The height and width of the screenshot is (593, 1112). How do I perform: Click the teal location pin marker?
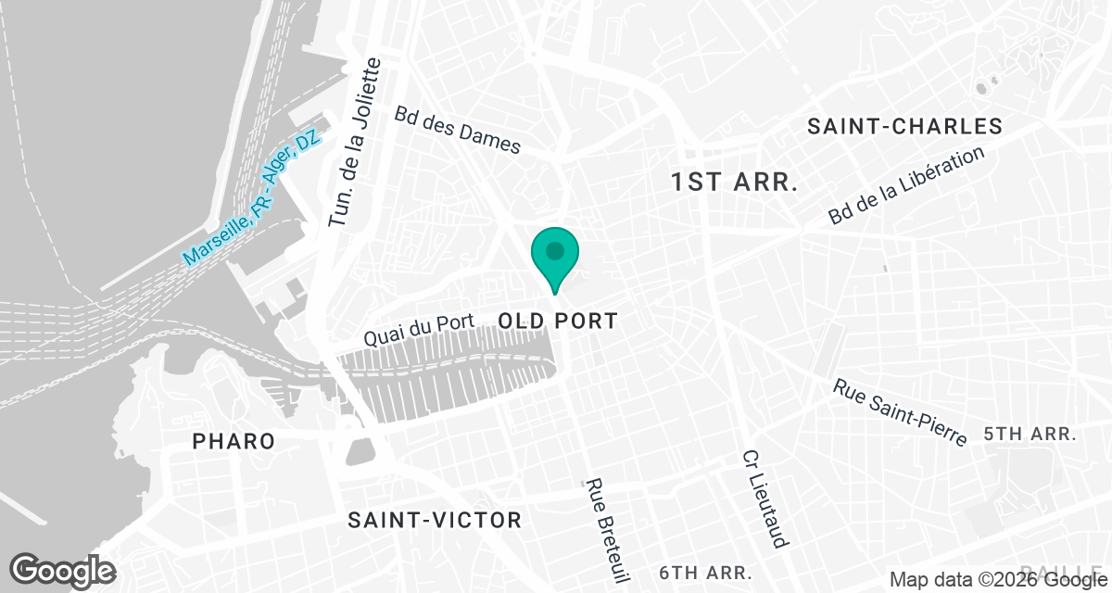click(555, 256)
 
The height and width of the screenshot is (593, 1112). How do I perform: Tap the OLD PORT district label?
click(558, 322)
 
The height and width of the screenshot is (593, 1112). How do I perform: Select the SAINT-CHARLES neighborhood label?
click(904, 126)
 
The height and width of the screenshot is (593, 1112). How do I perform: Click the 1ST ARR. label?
click(735, 182)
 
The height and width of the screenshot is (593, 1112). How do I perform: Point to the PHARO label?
click(234, 441)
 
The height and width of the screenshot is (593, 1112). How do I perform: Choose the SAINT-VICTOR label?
click(435, 520)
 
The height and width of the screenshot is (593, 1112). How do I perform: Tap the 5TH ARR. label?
click(1030, 434)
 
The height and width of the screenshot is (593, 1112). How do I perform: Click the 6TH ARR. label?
click(705, 572)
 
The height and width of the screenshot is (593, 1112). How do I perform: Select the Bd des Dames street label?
click(458, 130)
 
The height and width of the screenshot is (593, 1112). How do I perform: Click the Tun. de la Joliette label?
click(355, 143)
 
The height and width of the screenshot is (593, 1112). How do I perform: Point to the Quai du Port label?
click(419, 329)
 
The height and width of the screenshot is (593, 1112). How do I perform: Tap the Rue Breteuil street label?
click(607, 532)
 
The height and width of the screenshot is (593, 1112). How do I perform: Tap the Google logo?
click(62, 570)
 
